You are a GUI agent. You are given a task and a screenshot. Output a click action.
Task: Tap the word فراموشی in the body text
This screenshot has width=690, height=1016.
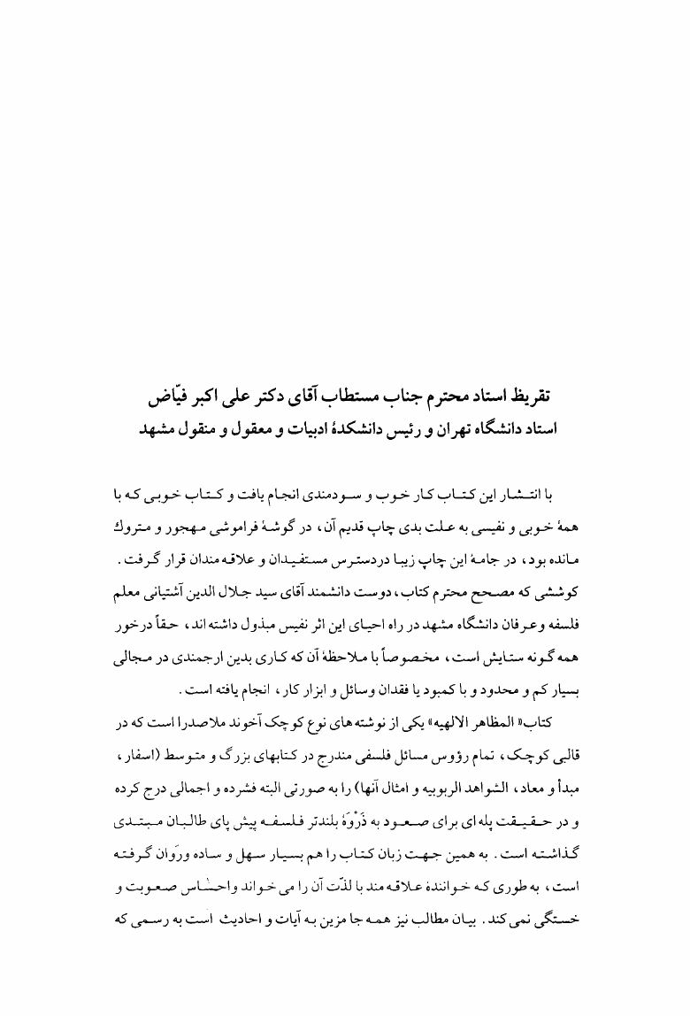point(228,515)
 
